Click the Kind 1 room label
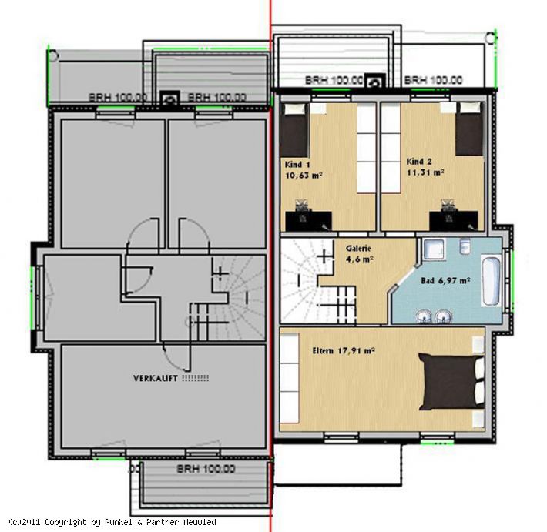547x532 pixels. (303, 170)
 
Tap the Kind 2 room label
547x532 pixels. (425, 167)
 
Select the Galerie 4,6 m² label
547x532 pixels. (359, 254)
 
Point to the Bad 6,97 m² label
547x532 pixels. (445, 281)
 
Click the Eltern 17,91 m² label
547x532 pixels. (344, 351)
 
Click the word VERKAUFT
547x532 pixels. (156, 378)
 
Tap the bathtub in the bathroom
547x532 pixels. (492, 281)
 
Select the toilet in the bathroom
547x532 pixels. (465, 246)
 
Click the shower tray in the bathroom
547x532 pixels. (434, 249)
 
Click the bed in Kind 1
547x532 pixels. (295, 130)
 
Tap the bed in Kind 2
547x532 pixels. (470, 129)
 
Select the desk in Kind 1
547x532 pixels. (308, 221)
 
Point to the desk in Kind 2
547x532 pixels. (453, 221)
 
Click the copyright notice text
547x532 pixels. (112, 522)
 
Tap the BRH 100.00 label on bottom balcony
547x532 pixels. (206, 469)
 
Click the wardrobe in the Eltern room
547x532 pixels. (290, 378)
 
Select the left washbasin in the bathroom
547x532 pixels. (424, 316)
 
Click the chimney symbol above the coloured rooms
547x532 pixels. (375, 82)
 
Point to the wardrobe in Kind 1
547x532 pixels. (366, 148)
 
